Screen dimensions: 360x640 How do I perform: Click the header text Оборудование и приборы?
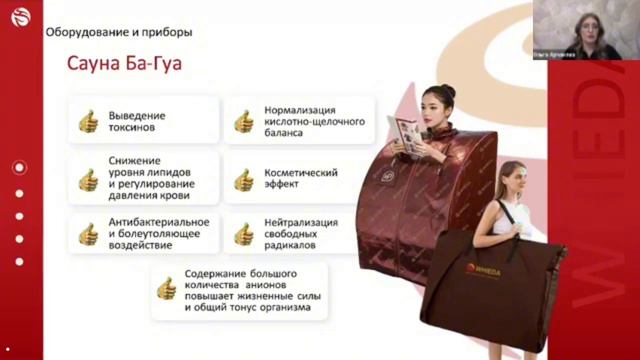[119, 32]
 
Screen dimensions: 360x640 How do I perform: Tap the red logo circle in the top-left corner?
[18, 18]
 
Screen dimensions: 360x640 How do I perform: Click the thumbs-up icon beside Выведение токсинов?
[88, 121]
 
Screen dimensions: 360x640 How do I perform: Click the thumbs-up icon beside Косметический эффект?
[243, 179]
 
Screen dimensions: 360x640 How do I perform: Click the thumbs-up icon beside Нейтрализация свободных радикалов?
[243, 234]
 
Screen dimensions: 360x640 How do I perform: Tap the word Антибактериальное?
[159, 221]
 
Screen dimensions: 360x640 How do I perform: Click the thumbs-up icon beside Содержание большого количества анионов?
[166, 290]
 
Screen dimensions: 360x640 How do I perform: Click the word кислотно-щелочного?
[314, 121]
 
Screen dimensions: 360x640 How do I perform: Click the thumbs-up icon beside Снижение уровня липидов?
[88, 179]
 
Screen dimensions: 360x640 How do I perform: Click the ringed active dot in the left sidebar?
[19, 167]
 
